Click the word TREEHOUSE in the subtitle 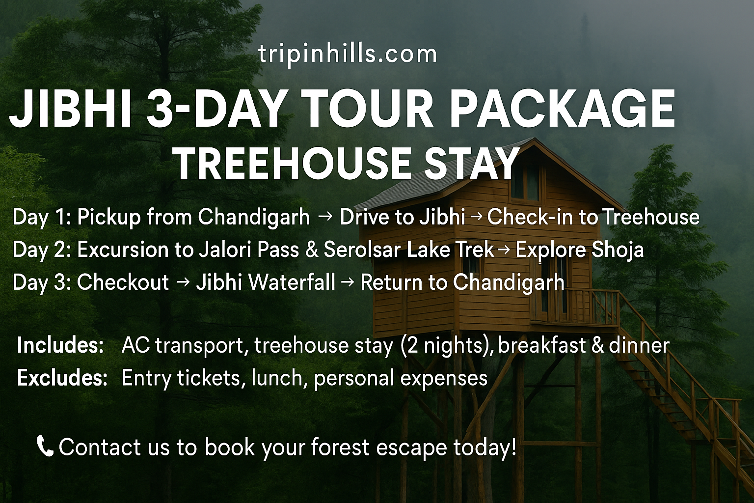coord(293,164)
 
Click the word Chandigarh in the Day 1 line coord(254,217)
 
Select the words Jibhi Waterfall coord(266,282)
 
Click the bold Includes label coord(60,345)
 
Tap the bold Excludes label coord(62,378)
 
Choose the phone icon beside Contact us coord(45,446)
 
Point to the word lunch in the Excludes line coord(275,378)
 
